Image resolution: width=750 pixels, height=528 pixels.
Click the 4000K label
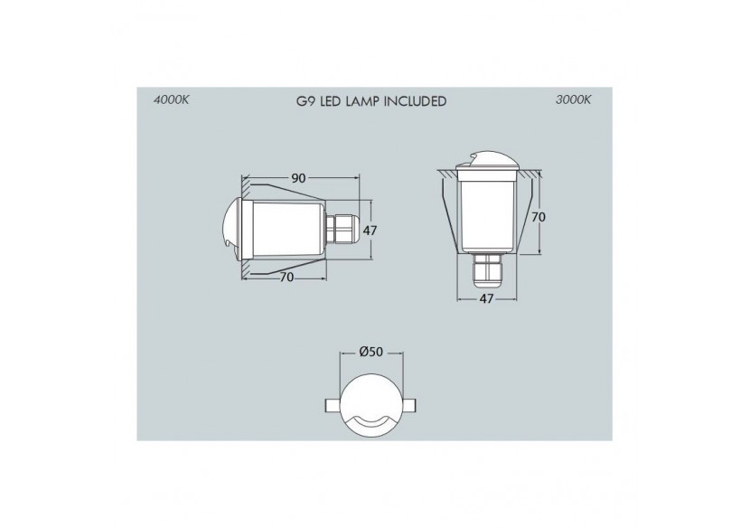(x=172, y=101)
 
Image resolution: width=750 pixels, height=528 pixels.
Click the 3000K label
(x=574, y=101)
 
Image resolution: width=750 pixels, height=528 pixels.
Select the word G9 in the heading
(x=306, y=101)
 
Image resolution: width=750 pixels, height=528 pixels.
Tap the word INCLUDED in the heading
(x=415, y=101)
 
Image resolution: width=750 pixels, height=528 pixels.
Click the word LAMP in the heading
(x=362, y=101)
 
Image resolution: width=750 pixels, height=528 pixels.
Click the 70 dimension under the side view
(x=286, y=278)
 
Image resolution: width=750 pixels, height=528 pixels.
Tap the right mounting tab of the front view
(x=414, y=405)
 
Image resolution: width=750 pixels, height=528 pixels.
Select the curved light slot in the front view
(x=370, y=421)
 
